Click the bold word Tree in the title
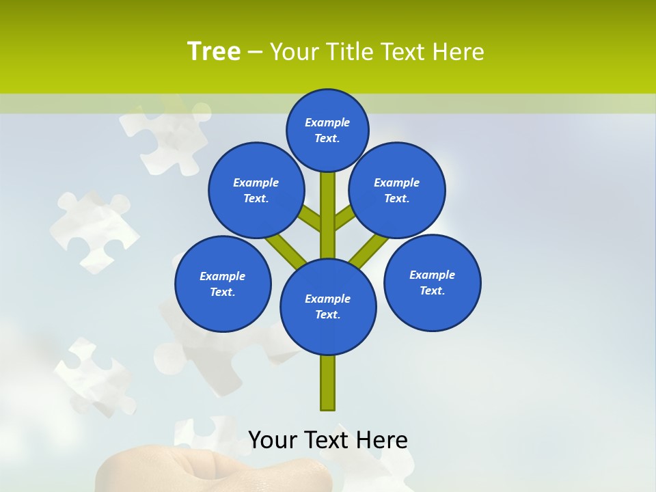point(214,51)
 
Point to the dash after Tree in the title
point(256,52)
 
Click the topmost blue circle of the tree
point(327,130)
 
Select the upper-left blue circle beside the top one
point(256,190)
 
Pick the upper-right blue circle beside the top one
point(397,190)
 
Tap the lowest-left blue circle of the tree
point(223,284)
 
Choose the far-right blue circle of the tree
point(433,282)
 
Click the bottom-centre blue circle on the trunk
point(328,306)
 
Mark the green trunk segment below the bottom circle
point(328,383)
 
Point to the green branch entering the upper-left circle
point(309,218)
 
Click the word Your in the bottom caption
point(273,440)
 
